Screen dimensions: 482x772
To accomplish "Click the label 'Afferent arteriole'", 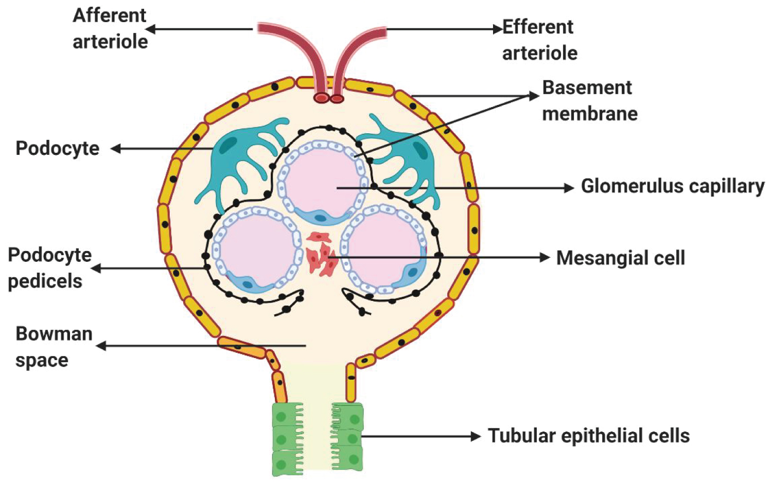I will click(x=110, y=28).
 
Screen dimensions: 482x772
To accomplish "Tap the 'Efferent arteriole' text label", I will click(x=539, y=40).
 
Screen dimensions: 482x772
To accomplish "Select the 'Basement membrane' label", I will click(x=589, y=100).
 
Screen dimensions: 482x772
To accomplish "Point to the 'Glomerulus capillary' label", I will click(x=672, y=186).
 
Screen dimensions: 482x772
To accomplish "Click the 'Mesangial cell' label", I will click(x=620, y=258).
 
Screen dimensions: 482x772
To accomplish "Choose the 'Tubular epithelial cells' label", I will click(x=589, y=436).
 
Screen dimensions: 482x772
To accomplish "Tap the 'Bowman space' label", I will click(x=54, y=347).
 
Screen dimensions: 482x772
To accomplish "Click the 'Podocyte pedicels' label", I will click(x=49, y=268).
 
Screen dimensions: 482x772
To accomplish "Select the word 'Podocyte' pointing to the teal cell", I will click(x=57, y=148).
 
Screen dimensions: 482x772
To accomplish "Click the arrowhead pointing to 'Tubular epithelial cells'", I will click(x=476, y=437).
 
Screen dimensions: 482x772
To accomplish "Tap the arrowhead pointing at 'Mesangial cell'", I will click(x=545, y=257).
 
